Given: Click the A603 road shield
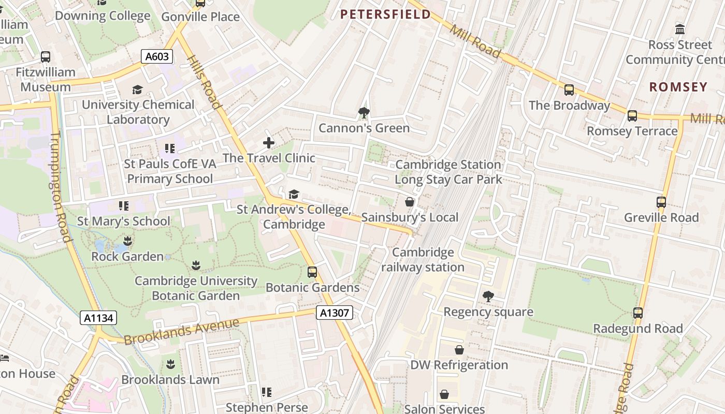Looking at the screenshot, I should click(156, 56).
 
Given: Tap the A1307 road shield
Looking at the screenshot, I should click(335, 313).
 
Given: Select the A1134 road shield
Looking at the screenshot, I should click(98, 318).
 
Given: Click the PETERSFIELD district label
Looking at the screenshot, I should click(385, 14).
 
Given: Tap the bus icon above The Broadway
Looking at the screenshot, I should click(569, 90).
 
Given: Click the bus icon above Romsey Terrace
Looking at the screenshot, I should click(632, 116).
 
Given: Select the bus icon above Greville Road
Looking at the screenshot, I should click(661, 202).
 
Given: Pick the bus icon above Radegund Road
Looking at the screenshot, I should click(638, 313).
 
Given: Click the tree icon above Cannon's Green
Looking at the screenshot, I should click(364, 112).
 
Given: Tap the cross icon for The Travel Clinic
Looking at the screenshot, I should click(269, 143).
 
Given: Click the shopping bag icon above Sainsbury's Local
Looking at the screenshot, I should click(410, 202).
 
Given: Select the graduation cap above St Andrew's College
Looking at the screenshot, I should click(294, 194).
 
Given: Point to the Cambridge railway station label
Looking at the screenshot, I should click(423, 260).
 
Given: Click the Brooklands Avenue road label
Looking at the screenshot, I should click(181, 331).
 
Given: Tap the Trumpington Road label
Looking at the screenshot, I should click(61, 186).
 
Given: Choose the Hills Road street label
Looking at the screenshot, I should click(204, 83).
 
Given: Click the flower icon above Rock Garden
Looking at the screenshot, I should click(127, 241).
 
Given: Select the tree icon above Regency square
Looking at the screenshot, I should click(488, 297).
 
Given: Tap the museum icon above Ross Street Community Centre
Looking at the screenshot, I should click(680, 29).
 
